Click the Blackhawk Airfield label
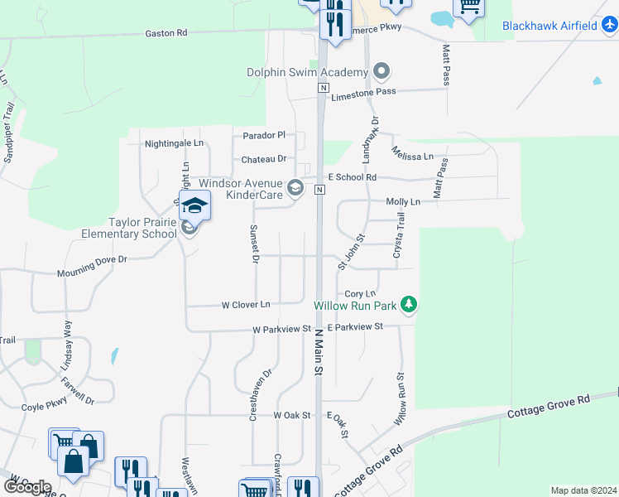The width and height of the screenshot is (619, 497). [549, 26]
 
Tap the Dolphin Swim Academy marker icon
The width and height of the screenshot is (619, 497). [381, 72]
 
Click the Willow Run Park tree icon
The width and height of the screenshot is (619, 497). [408, 306]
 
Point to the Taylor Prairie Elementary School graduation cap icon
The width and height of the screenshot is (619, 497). [194, 205]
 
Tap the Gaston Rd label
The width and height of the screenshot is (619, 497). [166, 33]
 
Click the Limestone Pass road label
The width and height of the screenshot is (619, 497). [363, 95]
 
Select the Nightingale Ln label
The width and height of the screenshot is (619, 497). [174, 143]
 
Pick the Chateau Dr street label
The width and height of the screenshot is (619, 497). [264, 159]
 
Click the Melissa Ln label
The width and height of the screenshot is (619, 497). [413, 157]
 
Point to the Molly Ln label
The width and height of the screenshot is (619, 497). [403, 201]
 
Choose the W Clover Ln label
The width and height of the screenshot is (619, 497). [246, 305]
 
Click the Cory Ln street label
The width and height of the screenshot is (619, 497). [359, 294]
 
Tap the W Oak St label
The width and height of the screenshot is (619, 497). [291, 415]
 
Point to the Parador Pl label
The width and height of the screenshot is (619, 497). [264, 135]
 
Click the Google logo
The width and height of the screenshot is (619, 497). [27, 486]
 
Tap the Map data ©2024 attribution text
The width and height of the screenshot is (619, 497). [583, 490]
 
